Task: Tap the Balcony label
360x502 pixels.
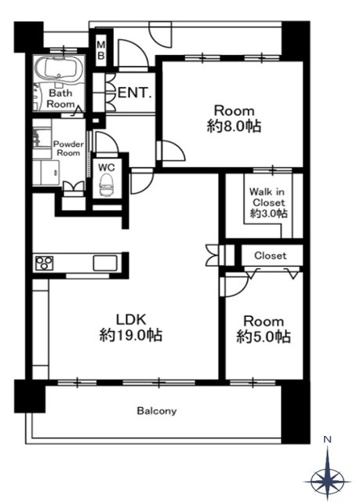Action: (x=157, y=410)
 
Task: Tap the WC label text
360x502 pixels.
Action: (x=106, y=166)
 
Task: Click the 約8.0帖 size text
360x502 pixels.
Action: (x=233, y=125)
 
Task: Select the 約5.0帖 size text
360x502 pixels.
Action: (x=262, y=337)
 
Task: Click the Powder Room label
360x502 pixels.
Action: (x=67, y=148)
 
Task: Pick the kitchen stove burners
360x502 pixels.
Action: (x=44, y=262)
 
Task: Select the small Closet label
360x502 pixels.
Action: (x=269, y=256)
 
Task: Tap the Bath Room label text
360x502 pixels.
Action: (x=61, y=98)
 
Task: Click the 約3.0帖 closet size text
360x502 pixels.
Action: (x=268, y=213)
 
